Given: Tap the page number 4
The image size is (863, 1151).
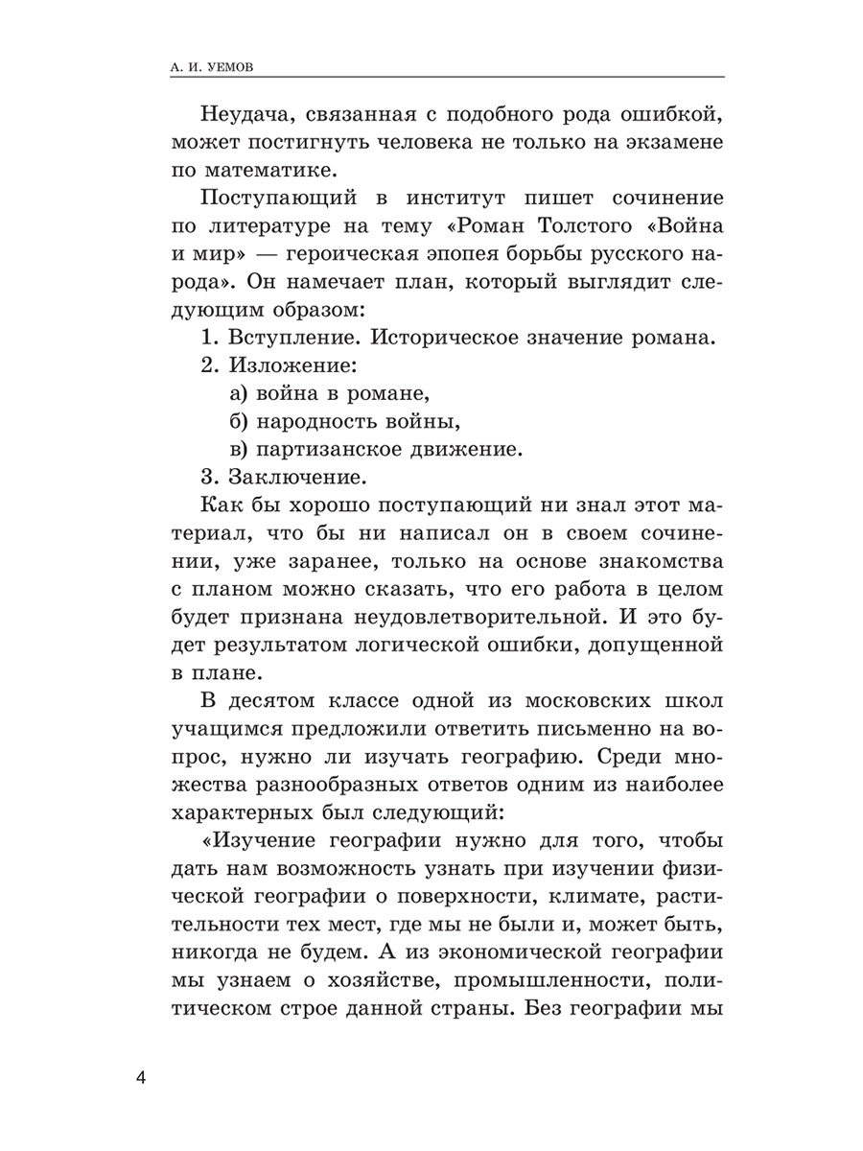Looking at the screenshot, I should pos(142,1078).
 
